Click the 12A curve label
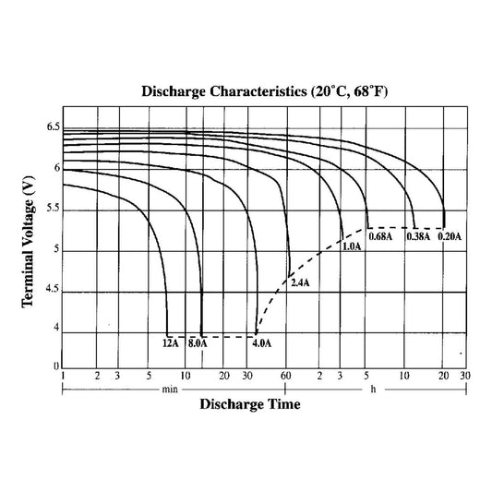point(170,343)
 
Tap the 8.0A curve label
point(198,343)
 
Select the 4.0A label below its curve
point(262,343)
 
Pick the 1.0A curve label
point(351,247)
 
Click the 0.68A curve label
point(380,237)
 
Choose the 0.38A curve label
point(419,237)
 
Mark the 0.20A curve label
point(450,237)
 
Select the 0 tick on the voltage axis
point(55,366)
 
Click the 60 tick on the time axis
point(286,377)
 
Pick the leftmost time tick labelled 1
point(63,377)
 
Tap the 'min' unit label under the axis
point(169,389)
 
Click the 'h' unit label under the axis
point(374,389)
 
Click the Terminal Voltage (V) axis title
point(28,246)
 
